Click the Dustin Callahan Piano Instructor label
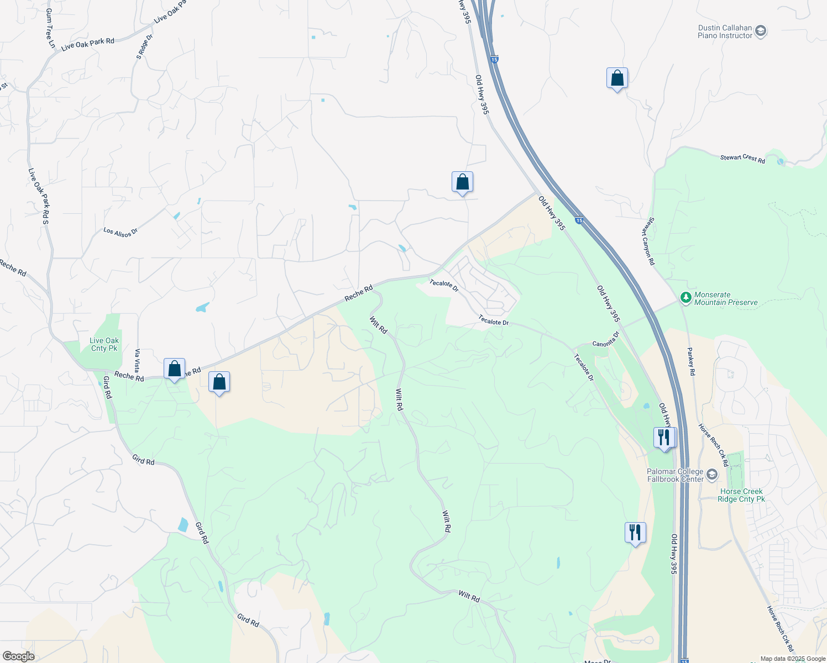pyautogui.click(x=725, y=32)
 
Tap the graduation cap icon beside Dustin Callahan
pyautogui.click(x=761, y=31)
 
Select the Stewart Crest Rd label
pyautogui.click(x=742, y=158)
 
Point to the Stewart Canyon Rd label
pyautogui.click(x=648, y=241)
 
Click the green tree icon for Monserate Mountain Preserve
pyautogui.click(x=685, y=298)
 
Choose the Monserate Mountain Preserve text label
pyautogui.click(x=726, y=299)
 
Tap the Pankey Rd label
pyautogui.click(x=691, y=361)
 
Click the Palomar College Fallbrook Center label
pyautogui.click(x=676, y=475)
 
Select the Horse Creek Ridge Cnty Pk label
pyautogui.click(x=741, y=495)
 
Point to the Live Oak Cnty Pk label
pyautogui.click(x=104, y=345)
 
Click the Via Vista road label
pyautogui.click(x=138, y=360)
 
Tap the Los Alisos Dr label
pyautogui.click(x=120, y=232)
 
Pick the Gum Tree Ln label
pyautogui.click(x=50, y=28)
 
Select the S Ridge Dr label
pyautogui.click(x=144, y=47)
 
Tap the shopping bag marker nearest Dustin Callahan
pyautogui.click(x=617, y=79)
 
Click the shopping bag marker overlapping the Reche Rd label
pyautogui.click(x=174, y=369)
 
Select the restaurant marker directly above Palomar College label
pyautogui.click(x=663, y=438)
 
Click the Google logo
pyautogui.click(x=18, y=656)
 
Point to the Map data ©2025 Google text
pyautogui.click(x=793, y=659)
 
